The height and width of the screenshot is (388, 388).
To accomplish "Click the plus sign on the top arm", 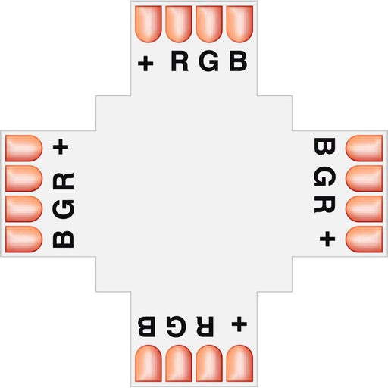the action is click(145, 63).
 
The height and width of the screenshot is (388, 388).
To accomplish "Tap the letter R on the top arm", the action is click(180, 61).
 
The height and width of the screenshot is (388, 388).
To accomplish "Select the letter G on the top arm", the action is click(208, 61).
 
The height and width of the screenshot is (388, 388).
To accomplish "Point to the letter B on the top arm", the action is click(238, 61).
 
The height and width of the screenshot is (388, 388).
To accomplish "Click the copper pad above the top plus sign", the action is click(149, 24).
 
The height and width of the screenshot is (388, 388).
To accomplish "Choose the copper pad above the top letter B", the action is click(239, 24).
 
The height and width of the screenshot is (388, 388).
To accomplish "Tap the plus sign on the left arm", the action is click(61, 147).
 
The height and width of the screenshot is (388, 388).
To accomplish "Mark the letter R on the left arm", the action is click(64, 181).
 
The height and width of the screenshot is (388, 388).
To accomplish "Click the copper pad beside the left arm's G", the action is click(23, 209).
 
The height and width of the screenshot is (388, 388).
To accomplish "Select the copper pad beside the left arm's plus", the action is click(23, 149).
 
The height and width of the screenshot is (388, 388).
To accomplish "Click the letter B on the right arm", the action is click(324, 146).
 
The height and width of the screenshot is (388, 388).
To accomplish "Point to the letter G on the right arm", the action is click(324, 176).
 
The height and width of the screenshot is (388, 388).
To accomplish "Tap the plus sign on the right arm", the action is click(327, 239).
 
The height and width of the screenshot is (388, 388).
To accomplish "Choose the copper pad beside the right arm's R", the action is click(364, 209).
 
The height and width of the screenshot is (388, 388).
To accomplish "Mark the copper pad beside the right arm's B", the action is click(364, 149).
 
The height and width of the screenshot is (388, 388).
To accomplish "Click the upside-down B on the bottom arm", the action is click(146, 326).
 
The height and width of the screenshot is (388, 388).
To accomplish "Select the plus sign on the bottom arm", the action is click(239, 324).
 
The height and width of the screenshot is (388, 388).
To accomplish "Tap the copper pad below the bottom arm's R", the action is click(209, 364).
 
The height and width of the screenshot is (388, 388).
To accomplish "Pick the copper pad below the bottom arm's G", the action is click(179, 364).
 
